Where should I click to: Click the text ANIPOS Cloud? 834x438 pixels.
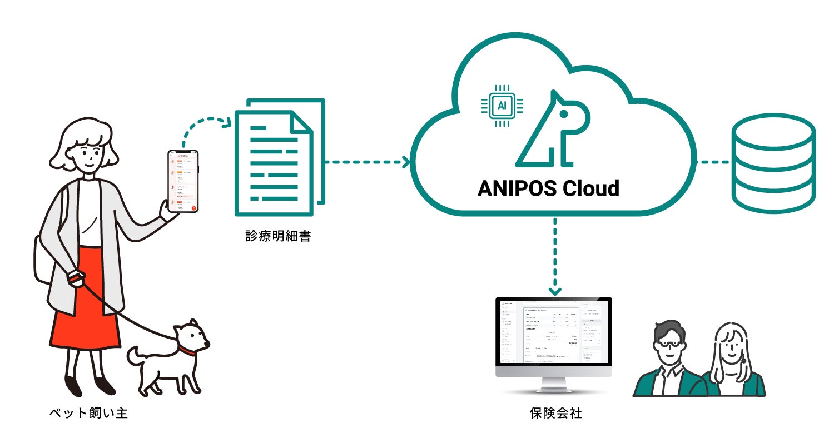(x=548, y=188)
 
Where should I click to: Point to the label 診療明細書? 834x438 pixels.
(x=278, y=236)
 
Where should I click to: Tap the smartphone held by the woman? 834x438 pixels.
(x=183, y=181)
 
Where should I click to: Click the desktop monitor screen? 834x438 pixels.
(x=553, y=333)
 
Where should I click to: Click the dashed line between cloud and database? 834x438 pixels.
(x=712, y=162)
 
